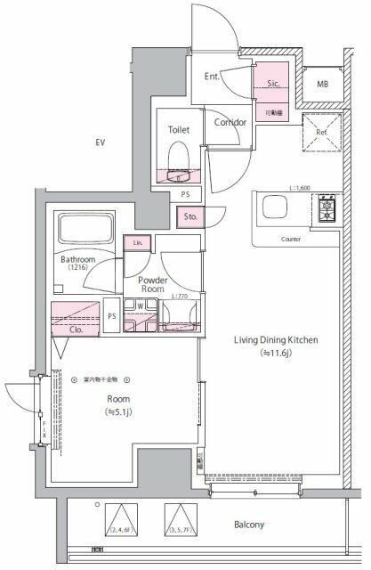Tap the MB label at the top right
pyautogui.click(x=322, y=84)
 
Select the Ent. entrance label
pyautogui.click(x=213, y=77)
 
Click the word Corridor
pyautogui.click(x=230, y=122)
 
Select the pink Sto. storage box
pyautogui.click(x=190, y=216)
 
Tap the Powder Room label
pyautogui.click(x=153, y=283)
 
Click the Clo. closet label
pyautogui.click(x=77, y=328)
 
